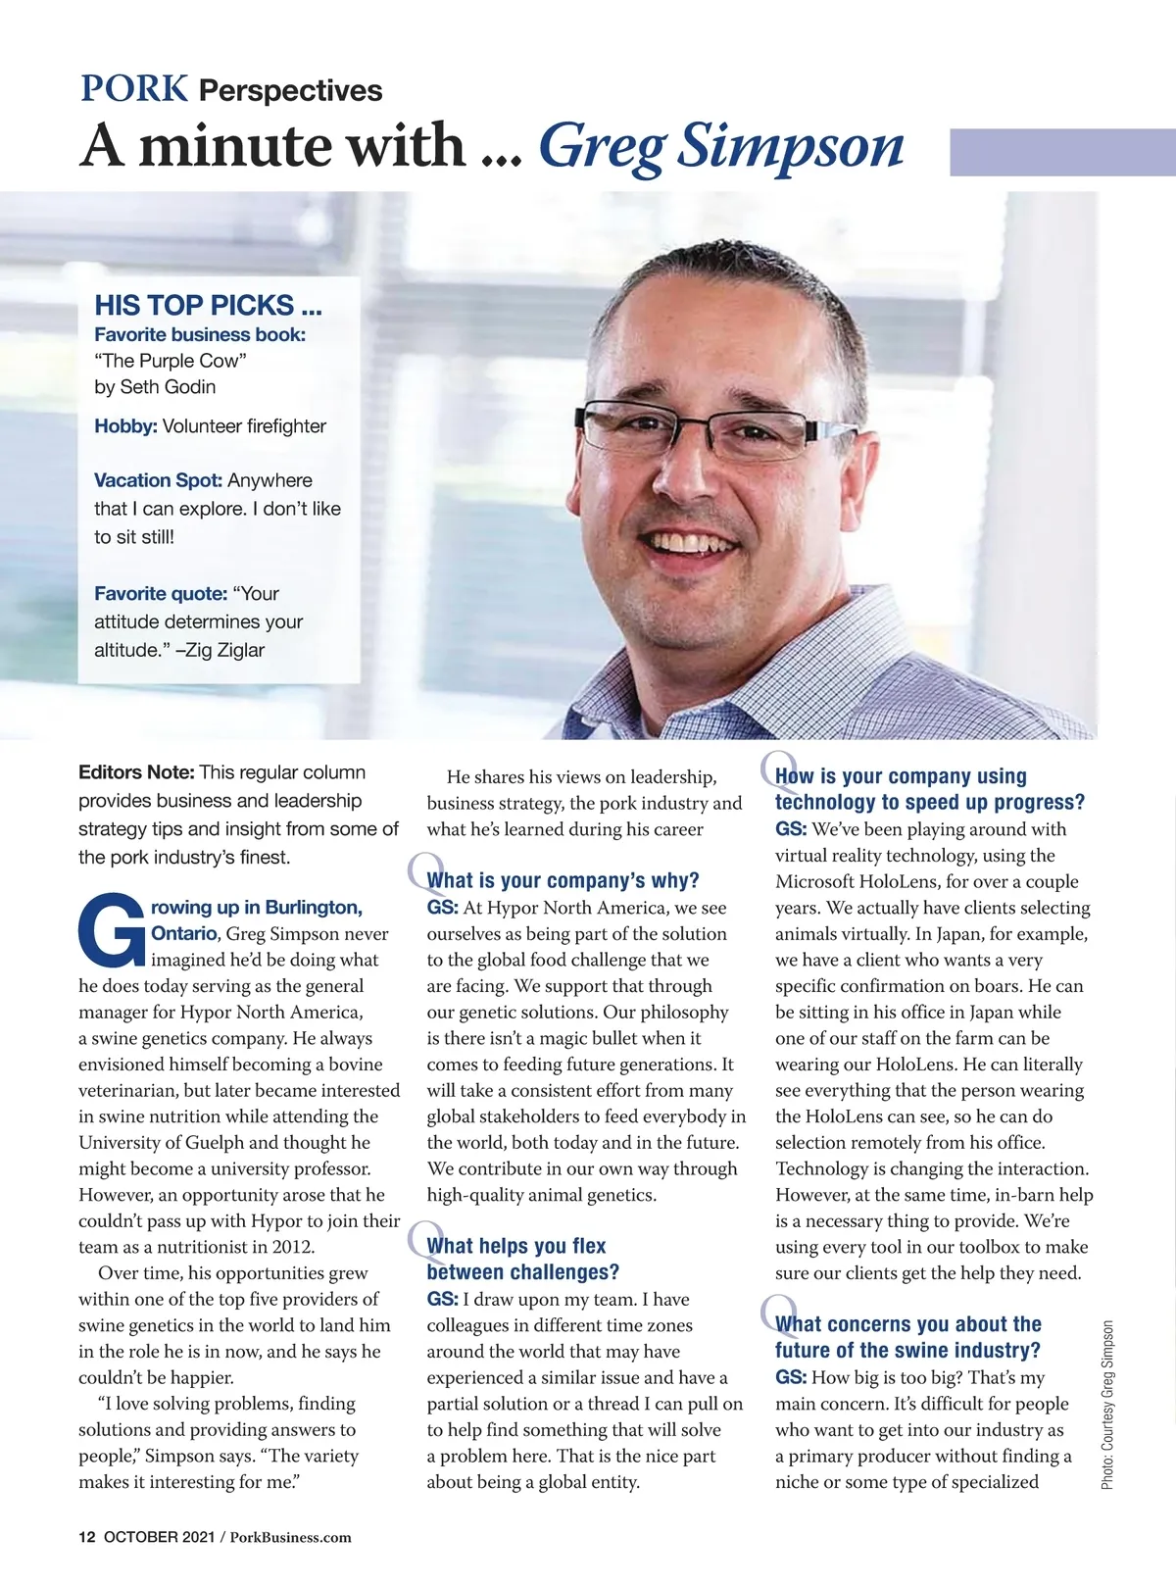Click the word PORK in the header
[x=133, y=89]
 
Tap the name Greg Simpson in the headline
[x=721, y=146]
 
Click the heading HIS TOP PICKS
[x=208, y=305]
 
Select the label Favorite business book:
[x=200, y=334]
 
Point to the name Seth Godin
[x=168, y=387]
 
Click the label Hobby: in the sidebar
[x=125, y=426]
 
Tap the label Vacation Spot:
[x=158, y=480]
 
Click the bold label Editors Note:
[x=136, y=772]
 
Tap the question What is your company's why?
[x=563, y=880]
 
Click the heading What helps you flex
[x=516, y=1246]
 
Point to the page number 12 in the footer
[x=86, y=1537]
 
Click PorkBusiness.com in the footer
[x=290, y=1537]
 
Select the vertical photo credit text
[x=1107, y=1405]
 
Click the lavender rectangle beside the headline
[x=1062, y=152]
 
